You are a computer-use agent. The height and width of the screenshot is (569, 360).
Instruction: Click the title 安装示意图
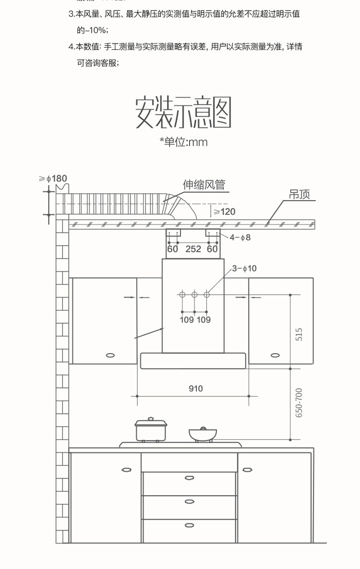(183, 112)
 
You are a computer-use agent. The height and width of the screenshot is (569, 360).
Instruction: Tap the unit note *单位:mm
(183, 142)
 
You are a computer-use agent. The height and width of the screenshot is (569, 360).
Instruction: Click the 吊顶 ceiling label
(300, 194)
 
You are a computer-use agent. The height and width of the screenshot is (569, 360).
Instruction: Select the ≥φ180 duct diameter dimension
(53, 179)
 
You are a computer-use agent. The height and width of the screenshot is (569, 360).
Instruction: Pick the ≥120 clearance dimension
(224, 212)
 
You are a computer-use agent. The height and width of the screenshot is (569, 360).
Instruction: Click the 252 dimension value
(193, 249)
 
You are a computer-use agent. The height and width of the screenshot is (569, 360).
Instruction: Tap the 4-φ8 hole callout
(240, 237)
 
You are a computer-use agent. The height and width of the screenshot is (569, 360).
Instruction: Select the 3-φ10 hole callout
(244, 269)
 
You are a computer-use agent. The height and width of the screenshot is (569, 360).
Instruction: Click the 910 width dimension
(196, 389)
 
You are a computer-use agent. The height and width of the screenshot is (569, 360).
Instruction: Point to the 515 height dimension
(299, 334)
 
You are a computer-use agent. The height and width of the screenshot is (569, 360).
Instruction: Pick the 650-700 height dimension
(299, 403)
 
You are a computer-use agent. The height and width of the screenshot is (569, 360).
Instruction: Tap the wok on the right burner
(203, 434)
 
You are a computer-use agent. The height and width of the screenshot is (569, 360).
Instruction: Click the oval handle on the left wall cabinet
(110, 355)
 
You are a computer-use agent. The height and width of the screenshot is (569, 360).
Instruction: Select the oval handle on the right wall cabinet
(275, 355)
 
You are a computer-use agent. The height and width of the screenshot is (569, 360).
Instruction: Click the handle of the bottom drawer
(190, 525)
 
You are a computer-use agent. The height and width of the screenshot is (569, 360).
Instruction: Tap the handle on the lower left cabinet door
(126, 469)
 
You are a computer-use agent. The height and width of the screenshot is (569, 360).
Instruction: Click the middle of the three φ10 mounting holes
(194, 294)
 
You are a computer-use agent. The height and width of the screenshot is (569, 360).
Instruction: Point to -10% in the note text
(96, 30)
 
